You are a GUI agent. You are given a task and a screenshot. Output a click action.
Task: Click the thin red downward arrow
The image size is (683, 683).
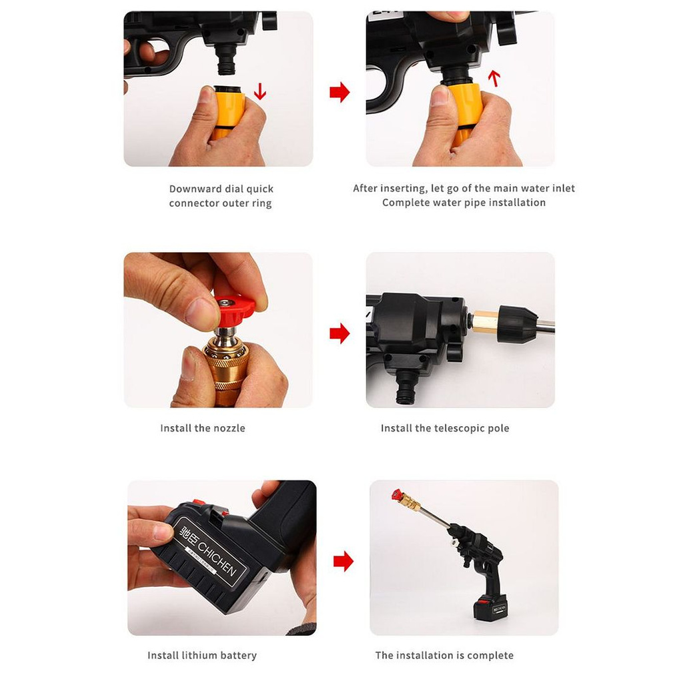(260, 91)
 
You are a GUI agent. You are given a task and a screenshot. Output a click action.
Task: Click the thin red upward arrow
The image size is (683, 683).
(494, 79)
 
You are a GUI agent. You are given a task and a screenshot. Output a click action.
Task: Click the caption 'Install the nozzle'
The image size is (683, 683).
(203, 428)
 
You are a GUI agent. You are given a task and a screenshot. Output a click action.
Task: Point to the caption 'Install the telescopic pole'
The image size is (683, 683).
(445, 428)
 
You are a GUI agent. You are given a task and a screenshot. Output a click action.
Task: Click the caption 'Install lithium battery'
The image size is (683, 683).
(202, 655)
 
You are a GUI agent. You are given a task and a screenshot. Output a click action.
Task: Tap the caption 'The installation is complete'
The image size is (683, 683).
(444, 655)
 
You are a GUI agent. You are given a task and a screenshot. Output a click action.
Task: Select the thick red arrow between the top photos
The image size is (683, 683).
(339, 92)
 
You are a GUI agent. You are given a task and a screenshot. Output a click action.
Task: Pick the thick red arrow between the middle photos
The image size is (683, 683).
(339, 333)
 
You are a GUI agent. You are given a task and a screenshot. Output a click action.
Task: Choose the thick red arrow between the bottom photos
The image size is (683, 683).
(344, 561)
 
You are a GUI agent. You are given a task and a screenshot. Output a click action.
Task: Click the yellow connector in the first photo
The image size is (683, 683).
(228, 112)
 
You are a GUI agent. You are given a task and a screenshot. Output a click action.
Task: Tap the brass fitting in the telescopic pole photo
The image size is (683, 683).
(485, 323)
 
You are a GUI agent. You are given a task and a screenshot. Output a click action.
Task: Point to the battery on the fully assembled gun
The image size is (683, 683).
(490, 606)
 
